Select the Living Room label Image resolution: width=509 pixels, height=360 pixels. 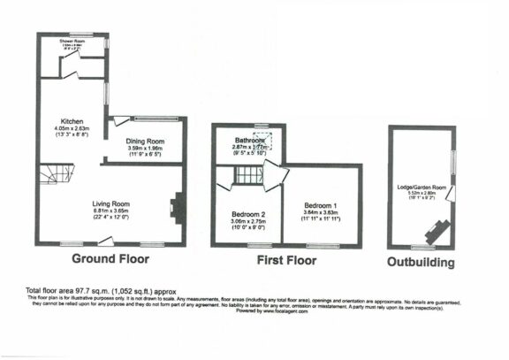point(111,204)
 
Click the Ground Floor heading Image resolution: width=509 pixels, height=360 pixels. point(110,259)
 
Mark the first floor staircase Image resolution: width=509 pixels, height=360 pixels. point(247,177)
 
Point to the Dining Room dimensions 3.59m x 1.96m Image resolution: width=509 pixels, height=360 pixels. point(145,149)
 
